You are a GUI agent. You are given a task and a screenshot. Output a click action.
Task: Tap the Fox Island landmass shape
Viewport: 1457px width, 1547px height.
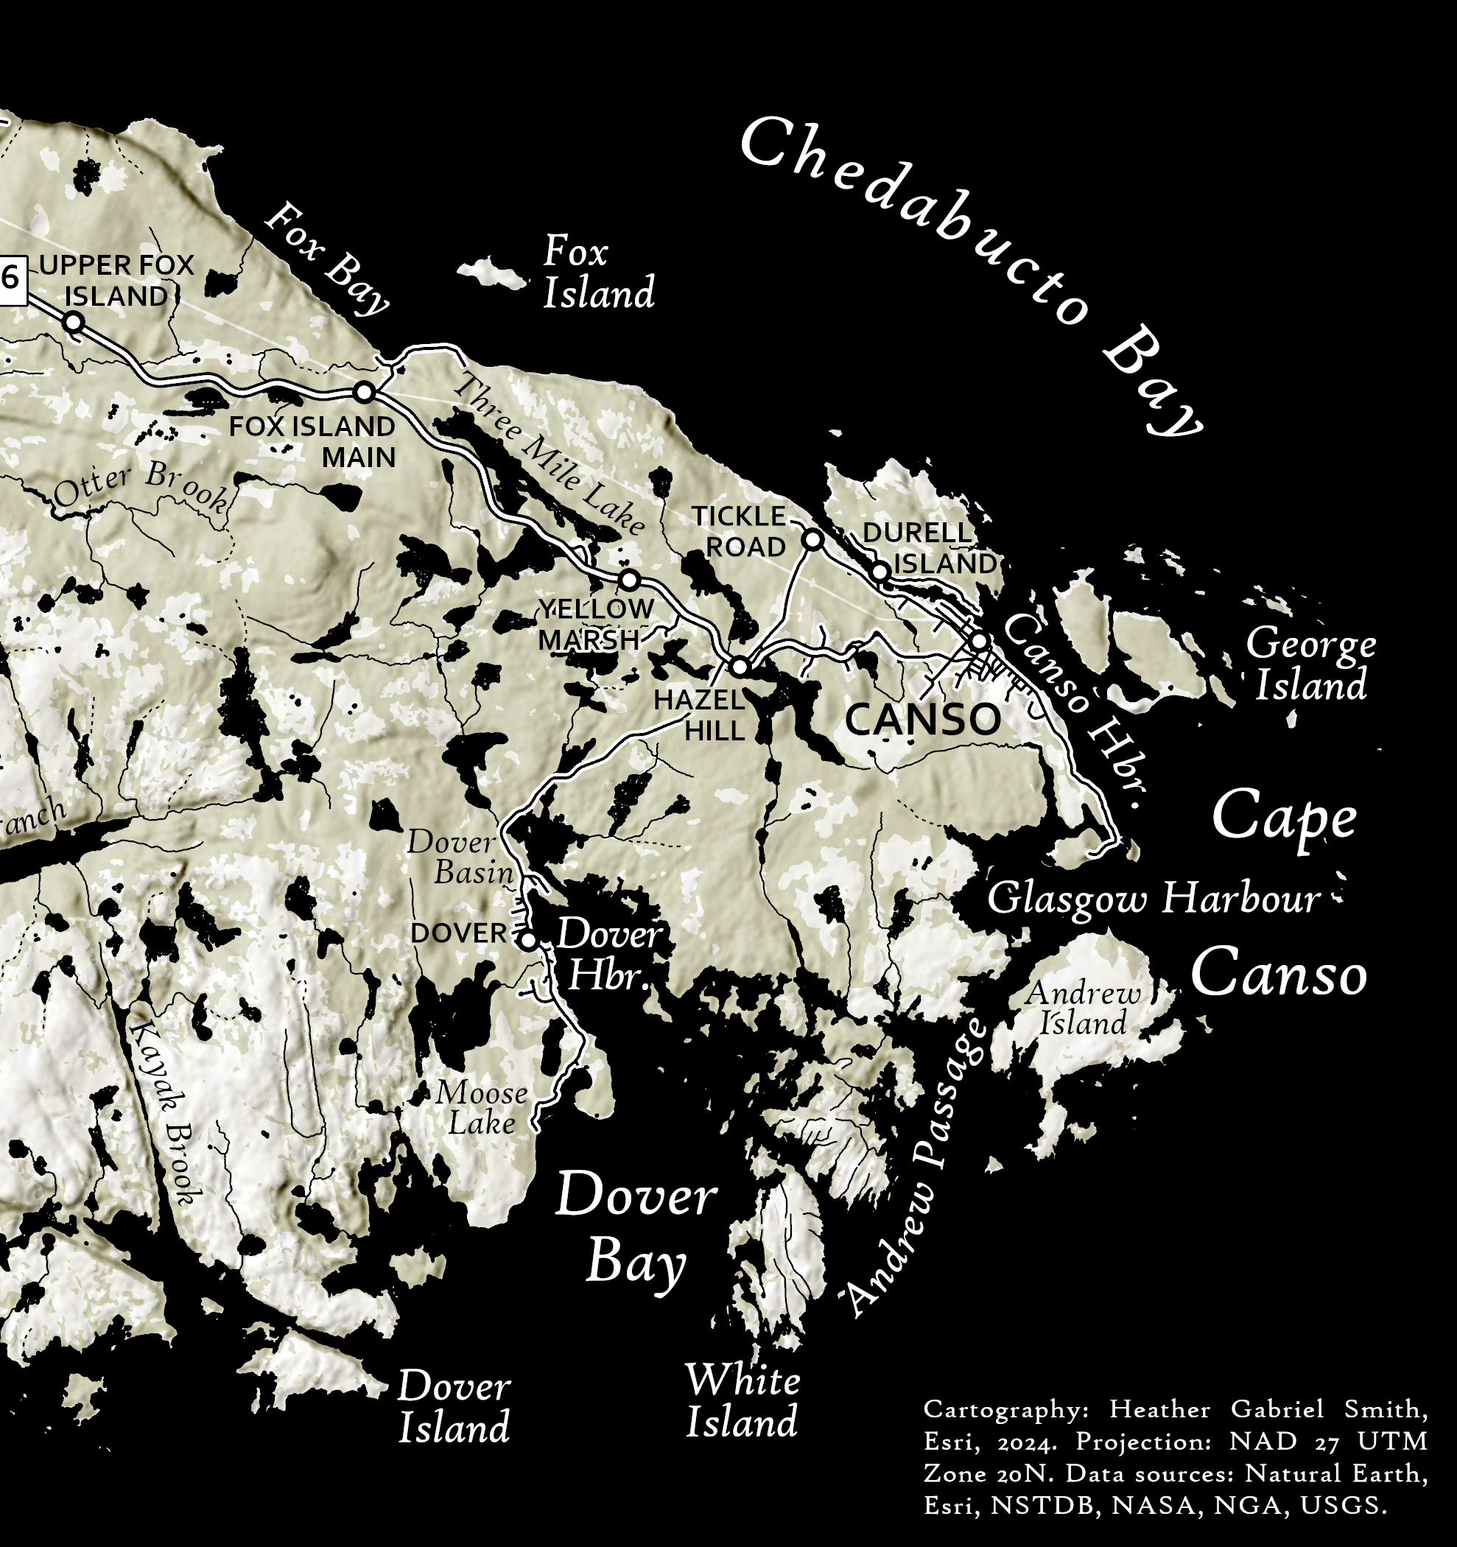coord(491,273)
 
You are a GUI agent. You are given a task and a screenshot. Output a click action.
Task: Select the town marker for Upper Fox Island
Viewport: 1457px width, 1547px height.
coord(73,321)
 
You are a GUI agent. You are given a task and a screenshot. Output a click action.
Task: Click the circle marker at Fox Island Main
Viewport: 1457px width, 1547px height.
coord(364,391)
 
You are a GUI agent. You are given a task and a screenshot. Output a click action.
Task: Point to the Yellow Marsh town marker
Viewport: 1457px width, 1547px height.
coord(629,580)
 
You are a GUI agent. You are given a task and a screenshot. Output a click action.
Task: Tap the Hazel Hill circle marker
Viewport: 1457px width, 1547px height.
coord(740,666)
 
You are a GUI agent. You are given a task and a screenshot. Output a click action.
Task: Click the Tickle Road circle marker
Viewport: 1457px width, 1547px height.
coord(812,539)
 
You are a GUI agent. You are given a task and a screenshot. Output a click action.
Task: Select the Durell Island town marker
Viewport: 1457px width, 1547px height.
coord(880,572)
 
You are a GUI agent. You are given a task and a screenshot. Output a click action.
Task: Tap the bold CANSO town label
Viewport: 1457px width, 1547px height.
coord(922,720)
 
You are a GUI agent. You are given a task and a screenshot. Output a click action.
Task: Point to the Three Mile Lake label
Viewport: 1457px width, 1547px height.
coord(549,455)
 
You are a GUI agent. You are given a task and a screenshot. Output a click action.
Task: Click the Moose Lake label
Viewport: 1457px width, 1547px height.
coord(482,1108)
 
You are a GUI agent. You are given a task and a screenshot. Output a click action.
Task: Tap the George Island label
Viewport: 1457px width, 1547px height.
coord(1310,665)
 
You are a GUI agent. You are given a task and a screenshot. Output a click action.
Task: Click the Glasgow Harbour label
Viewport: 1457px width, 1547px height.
coord(1154,899)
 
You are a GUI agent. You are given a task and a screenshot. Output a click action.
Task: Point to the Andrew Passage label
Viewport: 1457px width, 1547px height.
coord(918,1168)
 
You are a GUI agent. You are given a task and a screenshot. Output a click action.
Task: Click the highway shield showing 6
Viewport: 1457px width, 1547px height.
coord(11,278)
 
